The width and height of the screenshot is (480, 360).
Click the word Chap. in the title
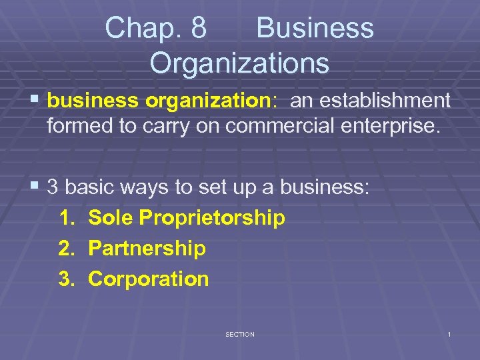coord(138,28)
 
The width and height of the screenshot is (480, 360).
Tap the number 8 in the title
coord(198,28)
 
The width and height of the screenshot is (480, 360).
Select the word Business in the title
coord(315,28)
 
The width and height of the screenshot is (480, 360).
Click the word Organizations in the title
coord(239,63)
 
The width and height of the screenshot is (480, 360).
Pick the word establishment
coord(387,101)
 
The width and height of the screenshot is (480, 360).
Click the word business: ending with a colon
coord(324,187)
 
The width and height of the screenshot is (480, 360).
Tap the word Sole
coord(109,217)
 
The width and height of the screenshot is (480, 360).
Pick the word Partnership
coord(147,249)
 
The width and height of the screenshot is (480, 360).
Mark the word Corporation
coord(149,279)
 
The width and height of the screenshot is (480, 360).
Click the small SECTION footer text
coord(240,334)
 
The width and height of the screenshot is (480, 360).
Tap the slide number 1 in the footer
coord(449,334)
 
